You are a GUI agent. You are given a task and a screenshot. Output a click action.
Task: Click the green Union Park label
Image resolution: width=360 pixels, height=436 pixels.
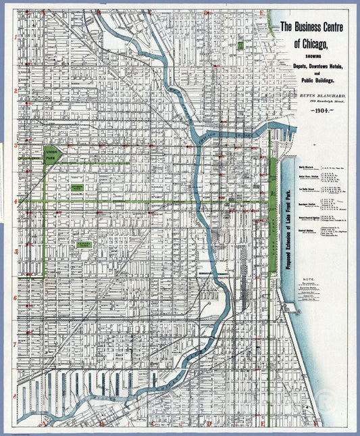coord(52,155)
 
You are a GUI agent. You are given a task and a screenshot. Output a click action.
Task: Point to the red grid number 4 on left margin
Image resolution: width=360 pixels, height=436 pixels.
coord(14,201)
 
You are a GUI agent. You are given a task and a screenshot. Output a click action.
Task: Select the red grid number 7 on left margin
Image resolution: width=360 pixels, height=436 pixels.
coord(14,344)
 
